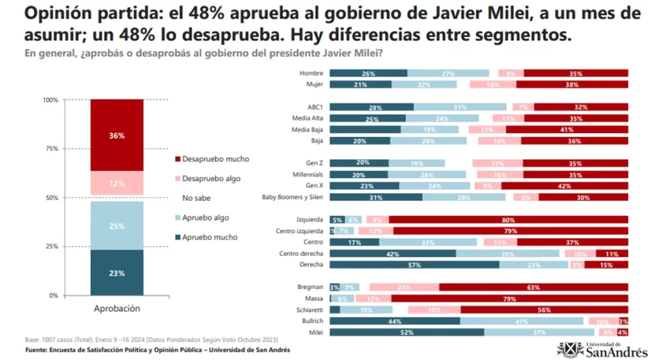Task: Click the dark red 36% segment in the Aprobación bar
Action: click(x=116, y=135)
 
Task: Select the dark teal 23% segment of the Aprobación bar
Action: click(x=116, y=272)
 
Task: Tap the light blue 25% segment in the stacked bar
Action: click(x=116, y=225)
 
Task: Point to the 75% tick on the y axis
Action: click(x=51, y=148)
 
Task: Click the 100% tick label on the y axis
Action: click(x=49, y=100)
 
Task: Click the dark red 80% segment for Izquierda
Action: click(x=508, y=220)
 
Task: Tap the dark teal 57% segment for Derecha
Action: click(x=414, y=264)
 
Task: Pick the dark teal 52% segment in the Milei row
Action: click(x=407, y=333)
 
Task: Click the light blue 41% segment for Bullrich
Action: click(x=521, y=321)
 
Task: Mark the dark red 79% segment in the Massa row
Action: click(x=509, y=299)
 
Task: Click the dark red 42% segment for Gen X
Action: click(x=564, y=185)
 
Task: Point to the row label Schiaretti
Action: click(x=310, y=309)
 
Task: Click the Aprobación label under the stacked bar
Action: click(x=116, y=308)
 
